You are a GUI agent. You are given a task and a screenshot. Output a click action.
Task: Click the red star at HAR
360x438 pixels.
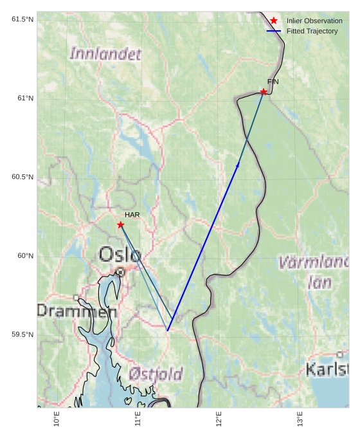click(121, 224)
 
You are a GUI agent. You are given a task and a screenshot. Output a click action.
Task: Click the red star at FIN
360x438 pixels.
click(264, 92)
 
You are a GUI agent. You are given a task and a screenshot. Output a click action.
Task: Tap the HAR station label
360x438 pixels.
click(132, 215)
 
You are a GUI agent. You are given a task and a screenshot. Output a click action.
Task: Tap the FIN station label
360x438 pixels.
click(273, 82)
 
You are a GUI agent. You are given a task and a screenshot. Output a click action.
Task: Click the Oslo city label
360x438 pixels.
click(120, 255)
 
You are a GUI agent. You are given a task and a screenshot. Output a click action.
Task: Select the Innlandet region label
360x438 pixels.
click(105, 54)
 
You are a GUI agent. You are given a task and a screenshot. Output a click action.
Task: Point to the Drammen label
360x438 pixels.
click(76, 311)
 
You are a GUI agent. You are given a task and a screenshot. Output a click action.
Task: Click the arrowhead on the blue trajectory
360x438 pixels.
click(238, 165)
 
